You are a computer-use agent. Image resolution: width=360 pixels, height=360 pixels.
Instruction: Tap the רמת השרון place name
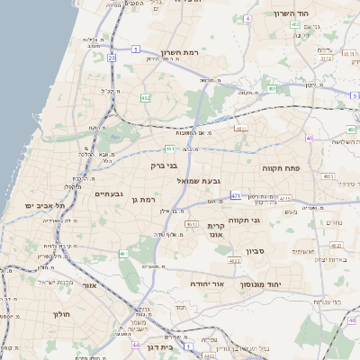(178, 52)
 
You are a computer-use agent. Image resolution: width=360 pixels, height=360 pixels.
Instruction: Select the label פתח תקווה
(281, 167)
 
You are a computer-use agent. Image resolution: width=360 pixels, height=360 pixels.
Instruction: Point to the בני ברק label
(163, 165)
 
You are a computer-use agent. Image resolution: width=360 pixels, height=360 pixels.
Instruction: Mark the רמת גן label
(143, 200)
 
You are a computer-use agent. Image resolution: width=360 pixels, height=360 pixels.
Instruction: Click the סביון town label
(253, 251)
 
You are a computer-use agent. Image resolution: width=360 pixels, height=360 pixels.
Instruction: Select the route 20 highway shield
(112, 58)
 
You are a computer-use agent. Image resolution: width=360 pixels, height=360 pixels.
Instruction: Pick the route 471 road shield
(236, 194)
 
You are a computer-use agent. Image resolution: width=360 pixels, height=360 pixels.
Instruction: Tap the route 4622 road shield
(235, 261)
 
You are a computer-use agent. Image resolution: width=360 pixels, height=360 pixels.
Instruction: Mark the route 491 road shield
(272, 90)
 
